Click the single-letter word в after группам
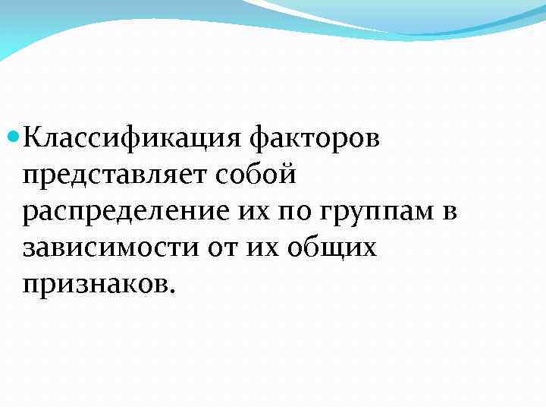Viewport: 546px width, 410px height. pyautogui.click(x=447, y=212)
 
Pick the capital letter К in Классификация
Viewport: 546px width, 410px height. pyautogui.click(x=33, y=139)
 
